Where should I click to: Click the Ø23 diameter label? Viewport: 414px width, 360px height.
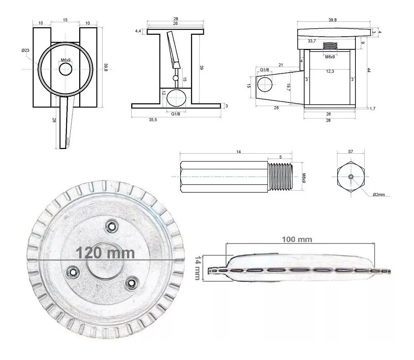click(25, 50)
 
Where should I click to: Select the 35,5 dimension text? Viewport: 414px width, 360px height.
click(153, 120)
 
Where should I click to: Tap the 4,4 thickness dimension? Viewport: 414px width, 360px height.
click(138, 31)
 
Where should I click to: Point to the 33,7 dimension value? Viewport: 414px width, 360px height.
click(312, 41)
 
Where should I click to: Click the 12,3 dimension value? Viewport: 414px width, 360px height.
click(330, 71)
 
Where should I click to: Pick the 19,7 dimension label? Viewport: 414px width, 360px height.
click(288, 87)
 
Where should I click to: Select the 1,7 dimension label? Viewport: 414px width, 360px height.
click(372, 109)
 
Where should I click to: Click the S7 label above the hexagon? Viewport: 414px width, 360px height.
click(350, 151)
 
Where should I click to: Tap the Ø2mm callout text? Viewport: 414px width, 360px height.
click(379, 195)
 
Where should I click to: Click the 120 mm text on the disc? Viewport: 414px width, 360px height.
click(105, 253)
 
